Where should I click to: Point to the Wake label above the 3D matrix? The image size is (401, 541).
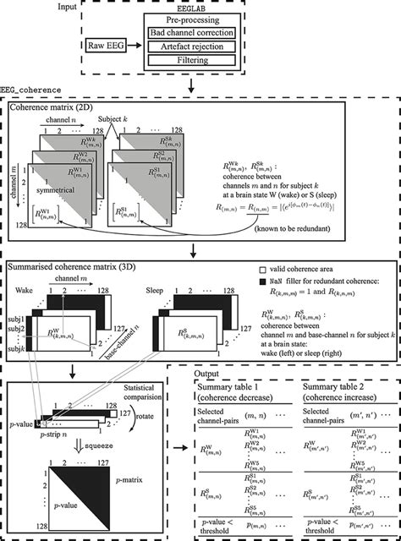click(27, 288)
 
